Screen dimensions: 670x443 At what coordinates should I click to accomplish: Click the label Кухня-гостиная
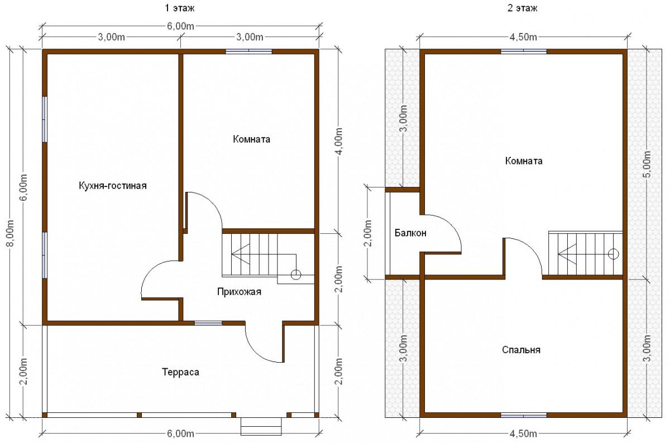pyautogui.click(x=113, y=186)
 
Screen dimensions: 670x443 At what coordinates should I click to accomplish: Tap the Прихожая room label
pyautogui.click(x=239, y=292)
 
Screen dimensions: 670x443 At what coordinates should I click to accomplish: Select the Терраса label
pyautogui.click(x=180, y=372)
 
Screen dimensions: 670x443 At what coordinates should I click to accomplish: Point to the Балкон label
pyautogui.click(x=410, y=233)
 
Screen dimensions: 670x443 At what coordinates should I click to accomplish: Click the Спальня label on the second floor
pyautogui.click(x=521, y=350)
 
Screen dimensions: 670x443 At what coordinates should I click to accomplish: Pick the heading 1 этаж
pyautogui.click(x=180, y=8)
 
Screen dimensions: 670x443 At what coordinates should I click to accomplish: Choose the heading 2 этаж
pyautogui.click(x=522, y=8)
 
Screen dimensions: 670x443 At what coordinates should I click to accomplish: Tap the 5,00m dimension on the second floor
pyautogui.click(x=647, y=164)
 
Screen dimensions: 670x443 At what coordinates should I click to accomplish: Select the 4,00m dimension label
pyautogui.click(x=339, y=141)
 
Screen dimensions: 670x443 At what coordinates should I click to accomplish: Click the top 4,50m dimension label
pyautogui.click(x=523, y=37)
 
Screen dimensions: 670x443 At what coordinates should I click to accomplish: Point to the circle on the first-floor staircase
pyautogui.click(x=296, y=274)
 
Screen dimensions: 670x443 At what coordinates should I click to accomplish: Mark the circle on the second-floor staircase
pyautogui.click(x=614, y=254)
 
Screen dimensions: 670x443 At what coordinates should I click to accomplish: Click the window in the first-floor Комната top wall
pyautogui.click(x=248, y=51)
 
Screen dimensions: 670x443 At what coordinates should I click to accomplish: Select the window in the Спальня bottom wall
pyautogui.click(x=524, y=415)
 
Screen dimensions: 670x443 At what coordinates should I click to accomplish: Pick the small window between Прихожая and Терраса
pyautogui.click(x=208, y=323)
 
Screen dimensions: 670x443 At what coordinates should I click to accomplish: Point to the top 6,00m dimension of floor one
pyautogui.click(x=180, y=26)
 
